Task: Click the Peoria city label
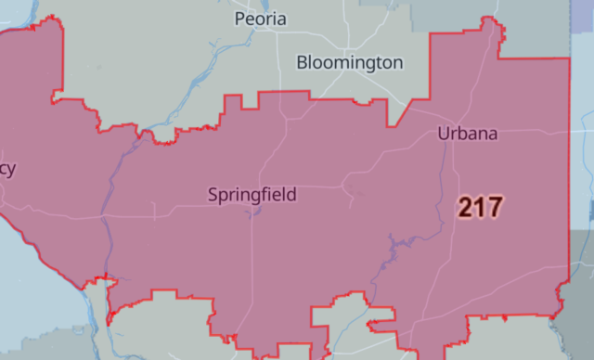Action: tap(261, 19)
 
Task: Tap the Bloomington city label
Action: tap(350, 63)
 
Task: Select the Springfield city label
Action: tap(252, 195)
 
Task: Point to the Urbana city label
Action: tap(467, 134)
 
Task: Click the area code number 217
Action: tap(480, 207)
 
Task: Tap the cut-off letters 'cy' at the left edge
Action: tap(7, 168)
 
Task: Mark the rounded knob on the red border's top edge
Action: tap(164, 138)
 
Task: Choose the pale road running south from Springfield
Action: tap(253, 269)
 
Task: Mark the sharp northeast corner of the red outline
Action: tap(568, 59)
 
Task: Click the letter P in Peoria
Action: tap(240, 19)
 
